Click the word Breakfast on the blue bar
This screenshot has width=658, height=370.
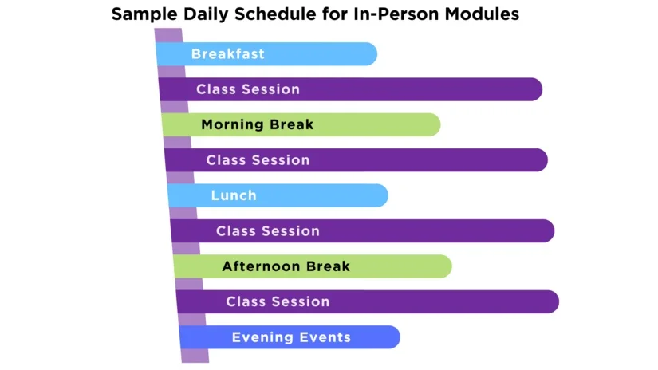[x=227, y=54]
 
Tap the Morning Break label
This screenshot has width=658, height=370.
[x=257, y=124]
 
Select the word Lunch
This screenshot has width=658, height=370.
[x=234, y=195]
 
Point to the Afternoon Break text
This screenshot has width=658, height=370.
[x=286, y=266]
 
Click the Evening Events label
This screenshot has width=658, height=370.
[x=291, y=337]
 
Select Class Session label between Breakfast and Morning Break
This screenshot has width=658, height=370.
[x=248, y=89]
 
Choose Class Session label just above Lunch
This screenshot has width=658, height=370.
[x=258, y=160]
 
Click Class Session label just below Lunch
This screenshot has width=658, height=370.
[x=267, y=231]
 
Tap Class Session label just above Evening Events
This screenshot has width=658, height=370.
[x=278, y=302]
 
